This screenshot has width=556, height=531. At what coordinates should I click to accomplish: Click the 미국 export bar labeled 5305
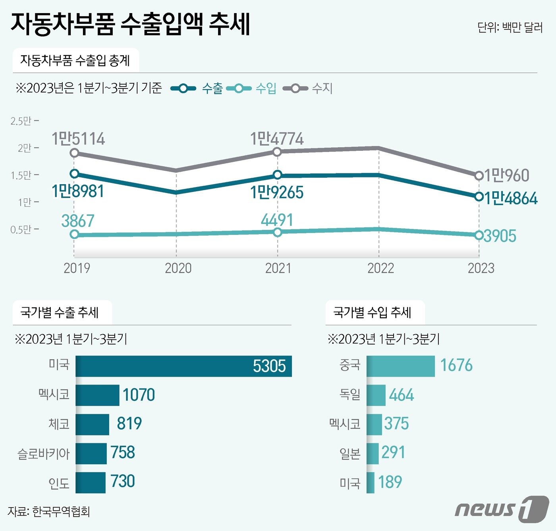[x=183, y=366]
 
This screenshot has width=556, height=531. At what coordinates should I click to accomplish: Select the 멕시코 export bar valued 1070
[x=97, y=395]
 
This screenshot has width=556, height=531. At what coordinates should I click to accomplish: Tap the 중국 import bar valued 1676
[x=400, y=366]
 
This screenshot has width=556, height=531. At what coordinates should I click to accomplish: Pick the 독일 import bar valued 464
[x=376, y=395]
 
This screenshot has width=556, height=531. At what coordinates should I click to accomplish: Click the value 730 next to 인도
[x=123, y=481]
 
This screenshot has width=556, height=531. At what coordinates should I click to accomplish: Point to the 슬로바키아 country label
[x=43, y=454]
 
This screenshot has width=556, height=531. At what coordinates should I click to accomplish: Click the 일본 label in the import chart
[x=350, y=453]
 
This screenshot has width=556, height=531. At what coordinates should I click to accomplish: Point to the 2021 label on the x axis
[x=278, y=268]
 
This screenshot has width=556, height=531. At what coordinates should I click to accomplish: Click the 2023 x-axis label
[x=481, y=268]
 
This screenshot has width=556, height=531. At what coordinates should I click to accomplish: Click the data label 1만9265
[x=277, y=192]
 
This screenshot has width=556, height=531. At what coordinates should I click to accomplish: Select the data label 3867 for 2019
[x=78, y=221]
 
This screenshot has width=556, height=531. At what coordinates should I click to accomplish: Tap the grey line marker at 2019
[x=74, y=153]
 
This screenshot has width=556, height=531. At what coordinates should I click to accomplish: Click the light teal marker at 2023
[x=479, y=235]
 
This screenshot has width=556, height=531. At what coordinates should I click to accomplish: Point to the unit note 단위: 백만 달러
[x=510, y=27]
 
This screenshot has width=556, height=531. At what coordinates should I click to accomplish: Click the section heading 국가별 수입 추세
[x=372, y=312]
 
